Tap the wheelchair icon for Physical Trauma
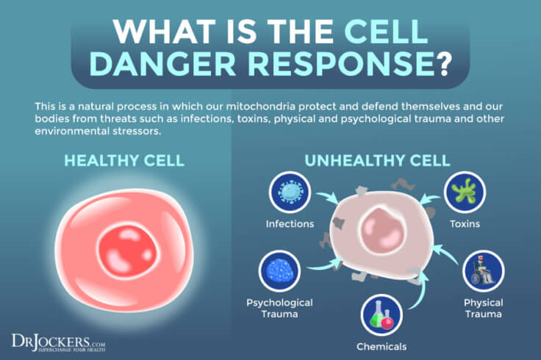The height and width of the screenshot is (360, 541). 483,272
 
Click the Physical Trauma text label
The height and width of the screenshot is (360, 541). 483,308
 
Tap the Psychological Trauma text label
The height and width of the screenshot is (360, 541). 279,308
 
